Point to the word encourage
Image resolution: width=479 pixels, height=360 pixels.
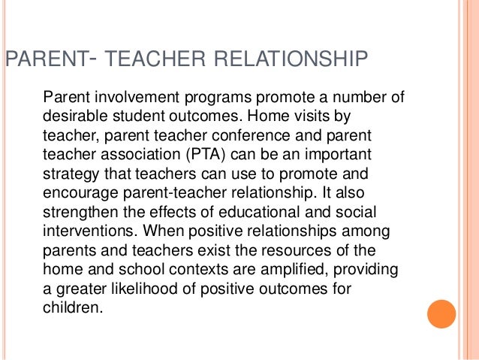pyautogui.click(x=79, y=195)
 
